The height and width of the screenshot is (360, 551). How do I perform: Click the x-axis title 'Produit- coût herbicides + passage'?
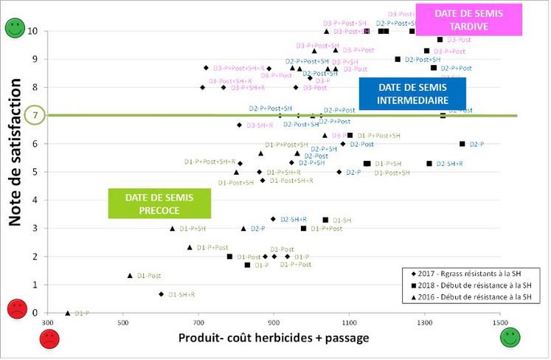tap(274, 338)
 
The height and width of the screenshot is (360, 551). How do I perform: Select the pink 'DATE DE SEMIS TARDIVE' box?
tap(468, 20)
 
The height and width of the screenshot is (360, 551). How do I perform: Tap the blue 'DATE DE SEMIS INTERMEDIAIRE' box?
tap(413, 93)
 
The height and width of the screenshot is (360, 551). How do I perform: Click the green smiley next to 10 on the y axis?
tap(15, 30)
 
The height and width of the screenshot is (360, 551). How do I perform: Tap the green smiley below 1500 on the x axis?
tap(510, 338)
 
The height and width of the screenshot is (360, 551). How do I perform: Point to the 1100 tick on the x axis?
tap(350, 322)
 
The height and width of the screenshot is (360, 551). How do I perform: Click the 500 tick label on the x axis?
tap(122, 322)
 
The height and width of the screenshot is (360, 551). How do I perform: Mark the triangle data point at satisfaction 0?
tap(68, 313)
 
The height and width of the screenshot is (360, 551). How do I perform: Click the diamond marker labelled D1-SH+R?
tap(161, 294)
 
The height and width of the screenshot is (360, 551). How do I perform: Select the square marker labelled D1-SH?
tap(325, 220)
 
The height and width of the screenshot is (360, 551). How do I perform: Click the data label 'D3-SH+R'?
tap(259, 125)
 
